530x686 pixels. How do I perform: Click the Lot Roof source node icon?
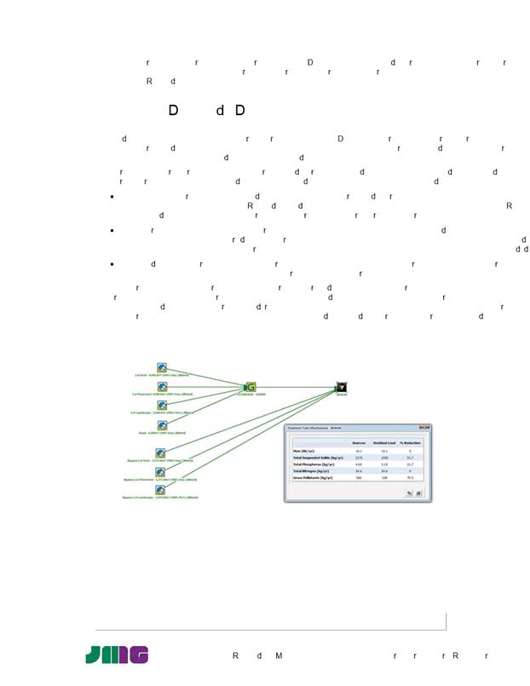tap(162, 367)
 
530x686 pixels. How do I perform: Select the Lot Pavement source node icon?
tap(162, 386)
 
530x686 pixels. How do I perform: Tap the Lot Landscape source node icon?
tap(162, 405)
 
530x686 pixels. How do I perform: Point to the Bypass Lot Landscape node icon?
tap(161, 489)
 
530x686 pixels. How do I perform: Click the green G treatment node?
tap(251, 387)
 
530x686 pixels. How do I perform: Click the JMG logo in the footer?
tap(117, 654)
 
